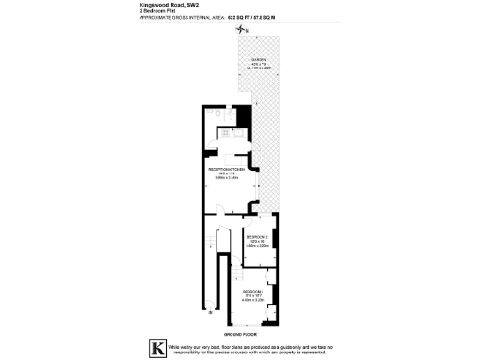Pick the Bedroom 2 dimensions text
[x=257, y=246]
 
